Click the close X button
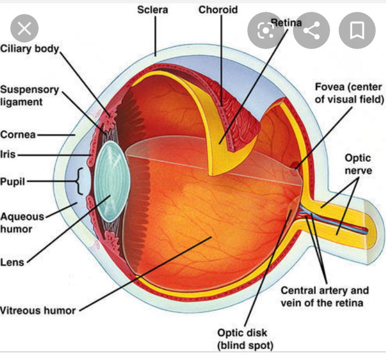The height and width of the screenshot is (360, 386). click(24, 29)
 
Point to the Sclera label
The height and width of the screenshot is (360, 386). click(153, 10)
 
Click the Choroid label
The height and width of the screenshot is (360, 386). click(218, 10)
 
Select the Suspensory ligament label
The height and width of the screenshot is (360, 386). click(29, 95)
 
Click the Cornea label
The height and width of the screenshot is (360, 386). click(18, 134)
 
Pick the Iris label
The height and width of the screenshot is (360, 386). click(9, 154)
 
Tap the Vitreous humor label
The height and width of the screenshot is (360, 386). click(38, 310)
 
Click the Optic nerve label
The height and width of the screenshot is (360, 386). click(358, 164)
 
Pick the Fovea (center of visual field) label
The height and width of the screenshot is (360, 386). click(349, 93)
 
